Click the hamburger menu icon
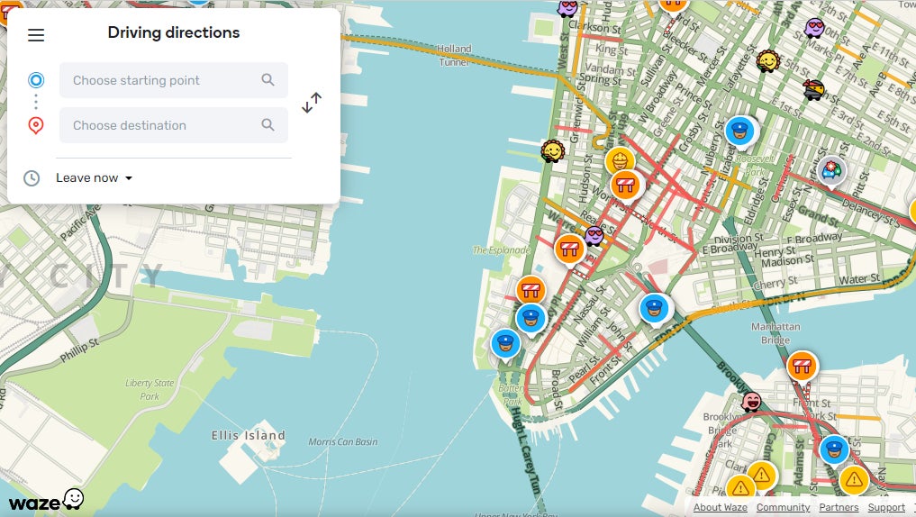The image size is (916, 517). coord(36,35)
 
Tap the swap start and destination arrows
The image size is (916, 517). coord(312,103)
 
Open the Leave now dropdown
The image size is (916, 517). coord(94,177)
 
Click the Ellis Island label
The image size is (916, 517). coord(249,436)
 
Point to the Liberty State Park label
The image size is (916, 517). coord(150,389)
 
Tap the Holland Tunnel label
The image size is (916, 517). coord(454,54)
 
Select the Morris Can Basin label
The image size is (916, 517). coord(342,442)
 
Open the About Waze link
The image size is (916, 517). coord(720,508)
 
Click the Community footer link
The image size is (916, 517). coord(783,508)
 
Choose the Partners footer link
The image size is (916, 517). coord(839,508)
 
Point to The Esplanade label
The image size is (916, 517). coord(502,250)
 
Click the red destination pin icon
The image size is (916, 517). coord(36,125)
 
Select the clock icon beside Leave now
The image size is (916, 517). coord(32,177)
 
